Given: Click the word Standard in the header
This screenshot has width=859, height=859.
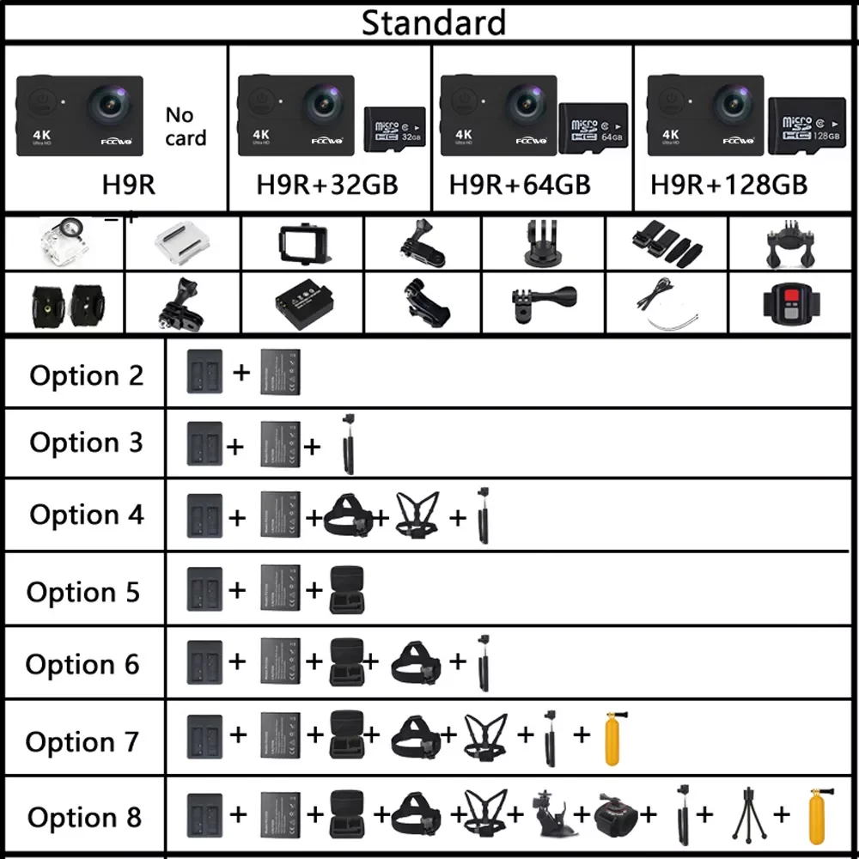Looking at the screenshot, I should (x=433, y=22).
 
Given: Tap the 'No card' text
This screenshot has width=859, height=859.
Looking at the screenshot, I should (x=186, y=126).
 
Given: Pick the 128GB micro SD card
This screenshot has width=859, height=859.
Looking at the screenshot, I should (x=806, y=128).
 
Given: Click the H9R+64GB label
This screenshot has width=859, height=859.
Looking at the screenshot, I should (x=520, y=184).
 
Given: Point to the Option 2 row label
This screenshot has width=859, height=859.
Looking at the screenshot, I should (x=86, y=375).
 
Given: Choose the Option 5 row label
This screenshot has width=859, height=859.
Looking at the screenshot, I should (x=83, y=592).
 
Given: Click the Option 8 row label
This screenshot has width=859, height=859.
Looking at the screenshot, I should (x=84, y=817).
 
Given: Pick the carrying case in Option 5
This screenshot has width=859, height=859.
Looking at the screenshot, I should (x=347, y=589).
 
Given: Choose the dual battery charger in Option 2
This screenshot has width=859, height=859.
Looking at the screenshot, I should (x=204, y=372).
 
